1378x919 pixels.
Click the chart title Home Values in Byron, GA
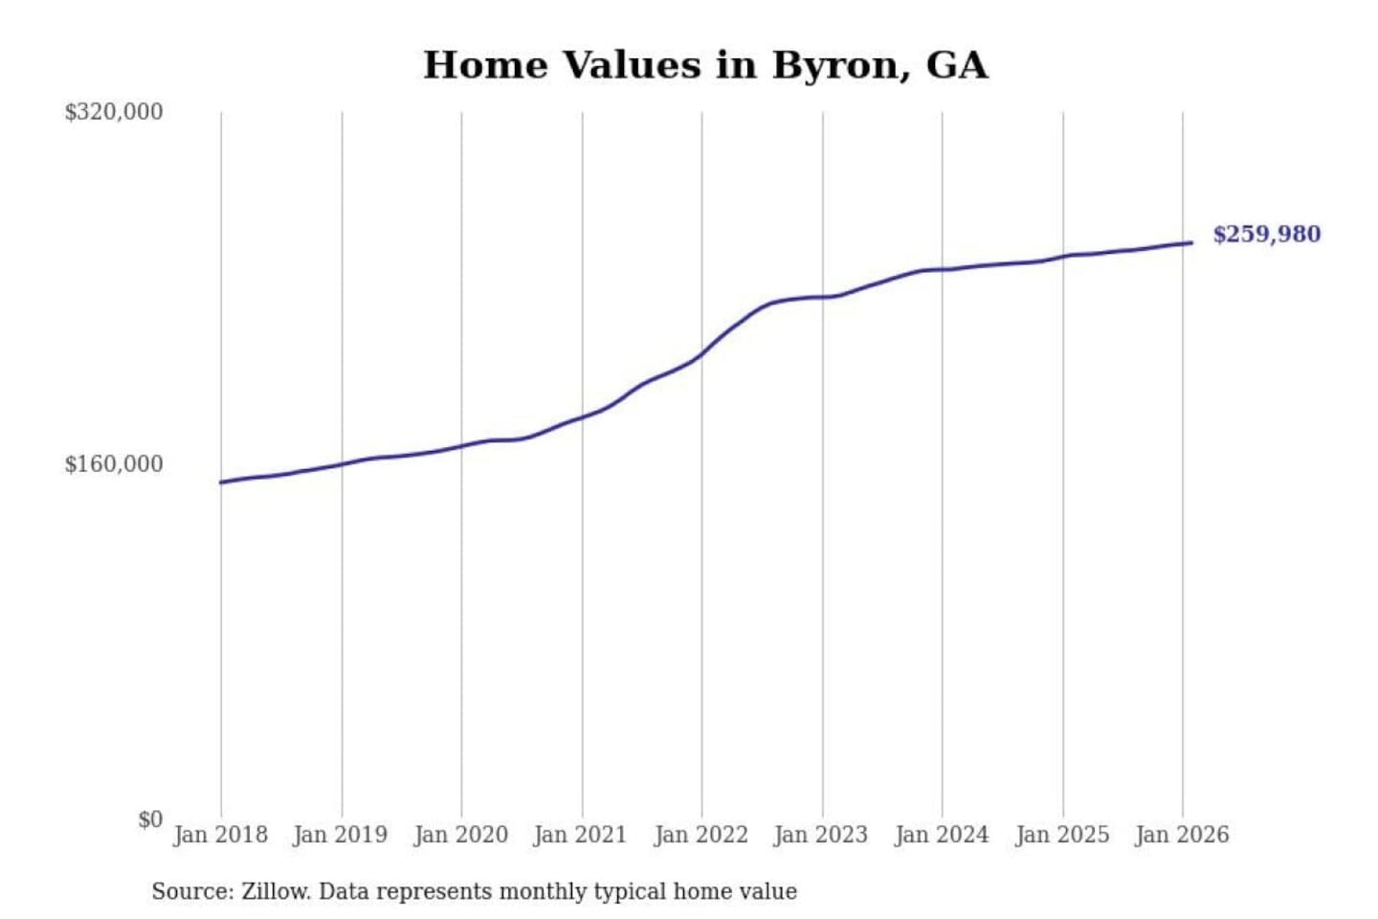point(705,65)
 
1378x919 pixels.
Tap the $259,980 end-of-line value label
point(1266,235)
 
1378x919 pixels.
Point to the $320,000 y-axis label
point(114,112)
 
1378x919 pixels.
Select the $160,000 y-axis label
point(114,464)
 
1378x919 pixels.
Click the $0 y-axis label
point(150,819)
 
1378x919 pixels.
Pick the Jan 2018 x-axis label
point(220,835)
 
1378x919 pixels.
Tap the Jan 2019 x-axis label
point(341,835)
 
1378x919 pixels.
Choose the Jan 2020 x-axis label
point(460,835)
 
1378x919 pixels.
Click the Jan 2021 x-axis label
point(580,835)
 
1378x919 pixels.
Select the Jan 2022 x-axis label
point(700,835)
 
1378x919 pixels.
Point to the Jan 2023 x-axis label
point(820,835)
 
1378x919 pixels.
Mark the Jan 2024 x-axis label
point(941,835)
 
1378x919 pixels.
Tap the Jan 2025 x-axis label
point(1061,835)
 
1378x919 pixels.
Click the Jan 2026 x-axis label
point(1182,835)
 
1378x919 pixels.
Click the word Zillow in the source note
point(275,891)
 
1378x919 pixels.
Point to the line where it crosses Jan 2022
point(701,354)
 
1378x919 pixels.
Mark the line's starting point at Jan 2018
point(221,482)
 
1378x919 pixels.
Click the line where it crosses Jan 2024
point(942,269)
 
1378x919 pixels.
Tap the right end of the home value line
point(1190,242)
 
